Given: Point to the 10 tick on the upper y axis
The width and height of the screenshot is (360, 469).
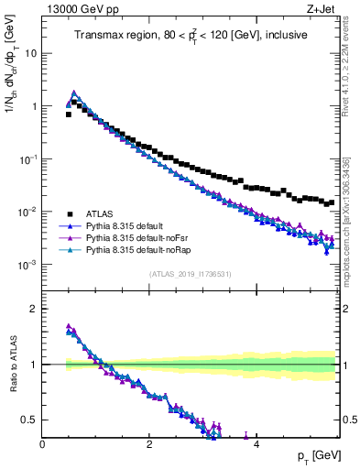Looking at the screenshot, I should click(x=30, y=53).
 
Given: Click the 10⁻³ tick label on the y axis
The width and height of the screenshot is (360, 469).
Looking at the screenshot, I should click(x=27, y=265).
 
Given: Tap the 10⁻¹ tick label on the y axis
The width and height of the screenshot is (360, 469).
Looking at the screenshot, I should click(x=27, y=159).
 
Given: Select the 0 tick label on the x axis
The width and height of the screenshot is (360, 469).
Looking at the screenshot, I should click(x=42, y=443).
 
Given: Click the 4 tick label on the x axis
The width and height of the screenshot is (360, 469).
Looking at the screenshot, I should click(x=256, y=443).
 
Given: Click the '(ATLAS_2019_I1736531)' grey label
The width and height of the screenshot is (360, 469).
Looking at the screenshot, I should click(x=189, y=275).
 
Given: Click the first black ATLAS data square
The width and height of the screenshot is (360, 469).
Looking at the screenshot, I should click(x=69, y=115).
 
